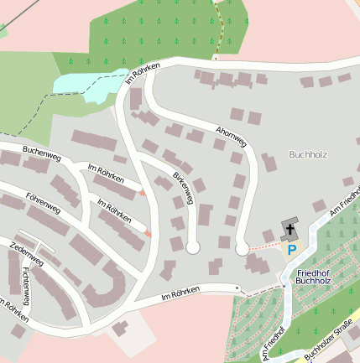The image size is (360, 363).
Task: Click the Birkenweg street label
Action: pyautogui.click(x=183, y=188)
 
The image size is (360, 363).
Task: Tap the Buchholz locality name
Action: pyautogui.click(x=307, y=154)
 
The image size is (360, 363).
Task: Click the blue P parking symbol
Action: pyautogui.click(x=292, y=249)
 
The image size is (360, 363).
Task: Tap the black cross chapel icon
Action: pyautogui.click(x=291, y=230)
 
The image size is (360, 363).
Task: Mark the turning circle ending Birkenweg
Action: pyautogui.click(x=193, y=248)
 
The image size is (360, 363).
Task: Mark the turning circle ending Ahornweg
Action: pyautogui.click(x=242, y=248)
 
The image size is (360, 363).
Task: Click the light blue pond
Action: pyautogui.click(x=81, y=83)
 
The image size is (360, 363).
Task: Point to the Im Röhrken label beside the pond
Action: pyautogui.click(x=142, y=73)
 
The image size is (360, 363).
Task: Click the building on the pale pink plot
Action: pyautogui.click(x=122, y=326)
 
